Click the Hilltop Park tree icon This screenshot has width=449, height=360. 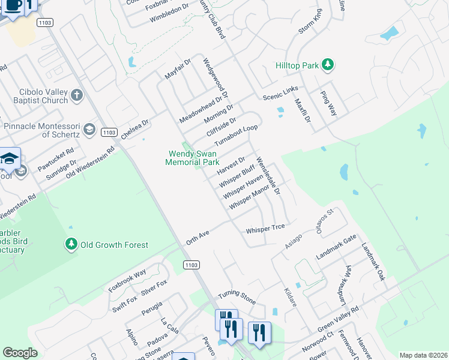[327, 65]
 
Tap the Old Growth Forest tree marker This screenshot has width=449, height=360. [71, 245]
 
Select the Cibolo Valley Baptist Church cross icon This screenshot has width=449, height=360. [77, 95]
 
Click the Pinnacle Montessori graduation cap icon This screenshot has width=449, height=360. [89, 130]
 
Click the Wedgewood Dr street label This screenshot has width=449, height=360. [216, 78]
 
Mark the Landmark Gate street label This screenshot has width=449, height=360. [336, 247]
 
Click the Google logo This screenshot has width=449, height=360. [20, 352]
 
